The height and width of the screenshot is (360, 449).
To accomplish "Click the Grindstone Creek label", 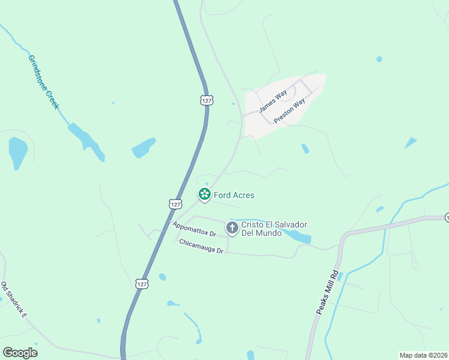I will pos(44,82).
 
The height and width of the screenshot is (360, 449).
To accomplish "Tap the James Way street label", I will pos(273,102).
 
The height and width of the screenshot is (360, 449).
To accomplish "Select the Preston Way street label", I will pos(289,111).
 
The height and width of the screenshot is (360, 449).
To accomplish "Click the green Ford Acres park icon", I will pos(205,194).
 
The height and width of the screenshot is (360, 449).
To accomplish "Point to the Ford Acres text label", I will pos(234,195).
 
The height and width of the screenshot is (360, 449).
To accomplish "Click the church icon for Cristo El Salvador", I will pos(232,227).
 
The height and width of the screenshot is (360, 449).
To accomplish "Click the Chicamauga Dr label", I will pos(201,246).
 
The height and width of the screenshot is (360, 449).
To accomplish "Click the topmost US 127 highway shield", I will pos(206,100).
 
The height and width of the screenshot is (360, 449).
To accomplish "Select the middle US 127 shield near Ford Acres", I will pos(175,204).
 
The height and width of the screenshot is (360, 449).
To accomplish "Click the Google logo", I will pos(20,353).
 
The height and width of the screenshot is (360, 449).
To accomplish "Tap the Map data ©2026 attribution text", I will pos(423,355).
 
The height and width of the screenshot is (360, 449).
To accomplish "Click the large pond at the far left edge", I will pos(17,152).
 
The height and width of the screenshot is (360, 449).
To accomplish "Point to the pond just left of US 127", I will pos(143,148).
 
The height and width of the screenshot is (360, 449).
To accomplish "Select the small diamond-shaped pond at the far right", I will pos(411,143).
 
